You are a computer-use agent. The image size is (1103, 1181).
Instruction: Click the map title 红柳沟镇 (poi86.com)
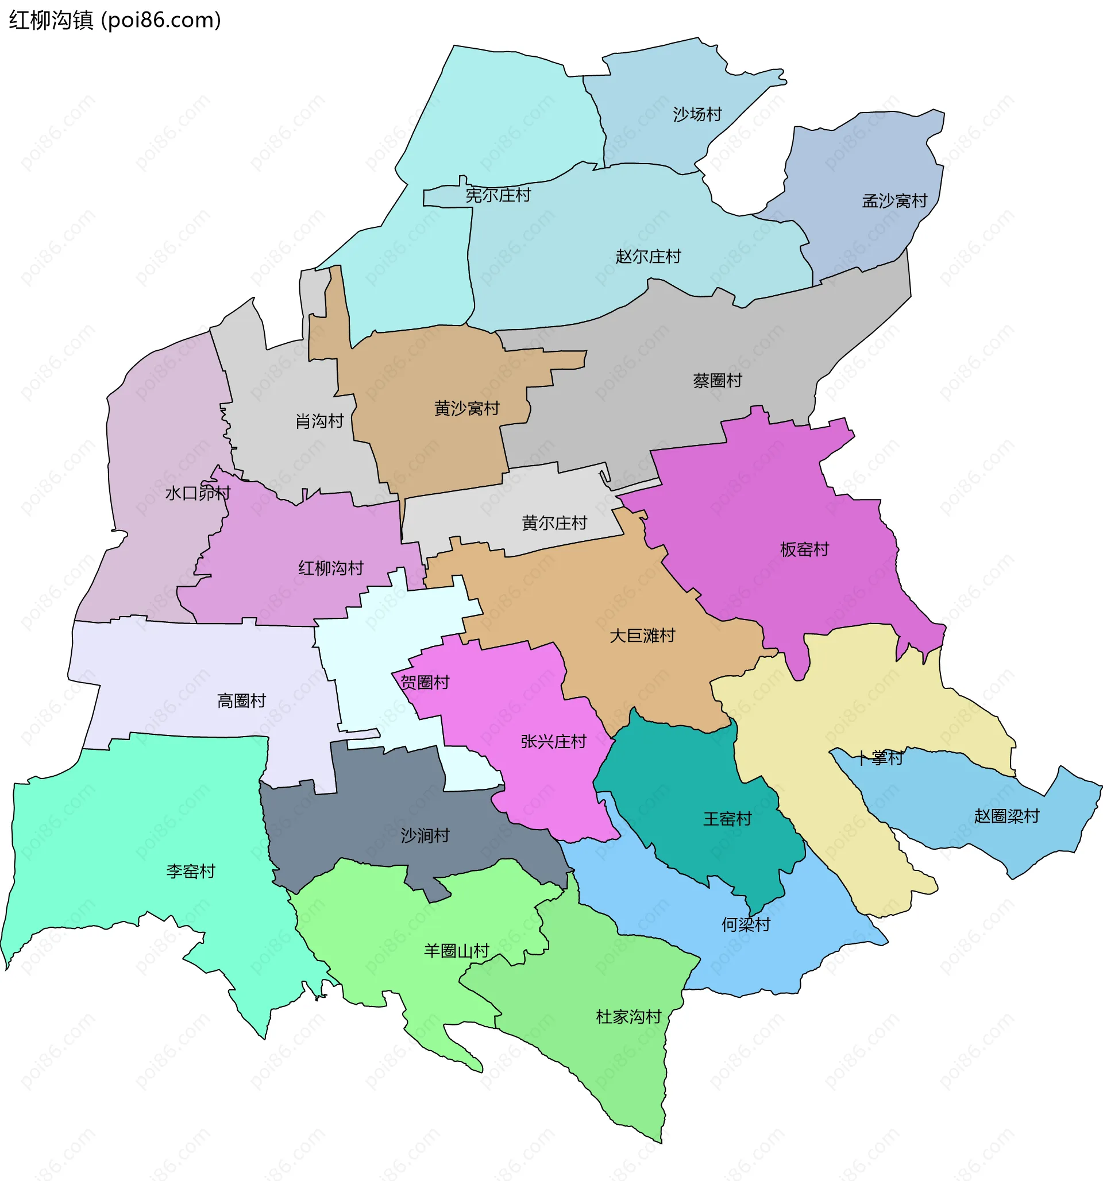coord(115,20)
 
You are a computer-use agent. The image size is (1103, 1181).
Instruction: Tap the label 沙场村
coord(697,114)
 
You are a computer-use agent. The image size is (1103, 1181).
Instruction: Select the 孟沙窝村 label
coord(894,201)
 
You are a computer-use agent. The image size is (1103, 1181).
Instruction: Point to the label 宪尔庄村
coord(498,195)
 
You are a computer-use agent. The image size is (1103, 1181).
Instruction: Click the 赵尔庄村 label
coord(648,257)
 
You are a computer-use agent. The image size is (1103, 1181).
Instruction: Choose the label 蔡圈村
coord(718,380)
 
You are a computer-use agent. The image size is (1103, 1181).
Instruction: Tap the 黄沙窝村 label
coord(466,409)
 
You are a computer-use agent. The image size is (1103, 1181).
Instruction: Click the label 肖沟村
coord(320,421)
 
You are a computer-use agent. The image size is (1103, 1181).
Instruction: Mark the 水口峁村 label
coord(197,493)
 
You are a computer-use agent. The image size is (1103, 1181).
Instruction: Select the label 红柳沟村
coord(330,568)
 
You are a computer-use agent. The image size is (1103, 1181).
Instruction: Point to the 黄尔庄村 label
coord(554,523)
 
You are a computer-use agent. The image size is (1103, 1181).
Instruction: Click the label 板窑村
coord(804,549)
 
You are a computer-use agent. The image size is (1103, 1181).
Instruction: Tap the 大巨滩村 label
coord(642,636)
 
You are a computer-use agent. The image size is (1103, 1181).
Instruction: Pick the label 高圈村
coord(241,701)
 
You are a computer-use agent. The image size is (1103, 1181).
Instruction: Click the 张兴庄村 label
coord(553,741)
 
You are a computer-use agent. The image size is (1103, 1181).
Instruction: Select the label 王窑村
coord(727,819)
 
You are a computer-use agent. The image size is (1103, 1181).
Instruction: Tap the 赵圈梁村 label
coord(1006,816)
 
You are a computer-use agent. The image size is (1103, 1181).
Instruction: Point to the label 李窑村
coord(190,872)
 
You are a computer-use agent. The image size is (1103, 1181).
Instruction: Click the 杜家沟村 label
coord(628,1017)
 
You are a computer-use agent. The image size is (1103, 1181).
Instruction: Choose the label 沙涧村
coord(425,836)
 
